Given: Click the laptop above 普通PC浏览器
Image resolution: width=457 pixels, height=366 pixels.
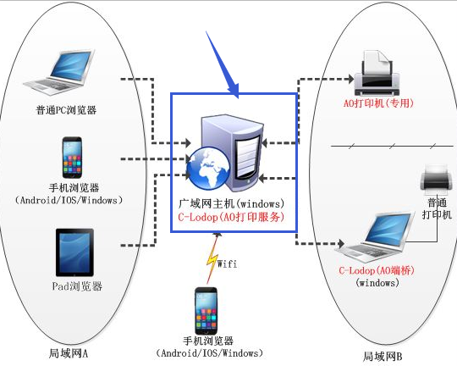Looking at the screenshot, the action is point(60,72).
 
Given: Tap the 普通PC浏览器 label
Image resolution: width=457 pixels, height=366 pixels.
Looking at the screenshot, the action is point(66,110).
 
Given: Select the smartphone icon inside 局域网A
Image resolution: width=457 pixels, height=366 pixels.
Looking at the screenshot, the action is point(72,158).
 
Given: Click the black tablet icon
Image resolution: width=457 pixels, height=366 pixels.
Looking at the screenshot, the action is point(74,252).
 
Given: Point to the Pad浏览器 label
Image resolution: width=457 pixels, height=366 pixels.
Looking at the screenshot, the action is point(77,286).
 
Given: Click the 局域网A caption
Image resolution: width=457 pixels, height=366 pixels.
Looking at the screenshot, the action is point(69,353).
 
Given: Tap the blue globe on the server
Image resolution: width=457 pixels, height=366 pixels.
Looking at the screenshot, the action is point(208,168).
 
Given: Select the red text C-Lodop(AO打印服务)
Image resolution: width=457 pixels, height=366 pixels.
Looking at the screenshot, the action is point(231,217).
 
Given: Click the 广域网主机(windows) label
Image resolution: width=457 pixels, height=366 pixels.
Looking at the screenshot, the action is point(231,203).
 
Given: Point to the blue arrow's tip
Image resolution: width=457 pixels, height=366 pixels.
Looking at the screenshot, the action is point(238,98).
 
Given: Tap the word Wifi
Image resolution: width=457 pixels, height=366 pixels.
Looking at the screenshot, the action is point(227,263).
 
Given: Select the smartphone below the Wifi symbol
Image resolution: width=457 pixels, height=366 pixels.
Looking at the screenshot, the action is point(206,311).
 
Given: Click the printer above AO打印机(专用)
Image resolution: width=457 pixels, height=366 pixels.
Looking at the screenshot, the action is point(377,73).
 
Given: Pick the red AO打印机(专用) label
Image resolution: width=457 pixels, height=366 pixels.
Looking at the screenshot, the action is point(378,103).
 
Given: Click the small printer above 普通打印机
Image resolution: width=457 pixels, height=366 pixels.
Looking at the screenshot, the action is point(436,179).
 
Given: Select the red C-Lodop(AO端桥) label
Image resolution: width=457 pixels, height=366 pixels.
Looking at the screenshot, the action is point(377,270).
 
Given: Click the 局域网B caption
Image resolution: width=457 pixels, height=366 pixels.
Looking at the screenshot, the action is point(383,356).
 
